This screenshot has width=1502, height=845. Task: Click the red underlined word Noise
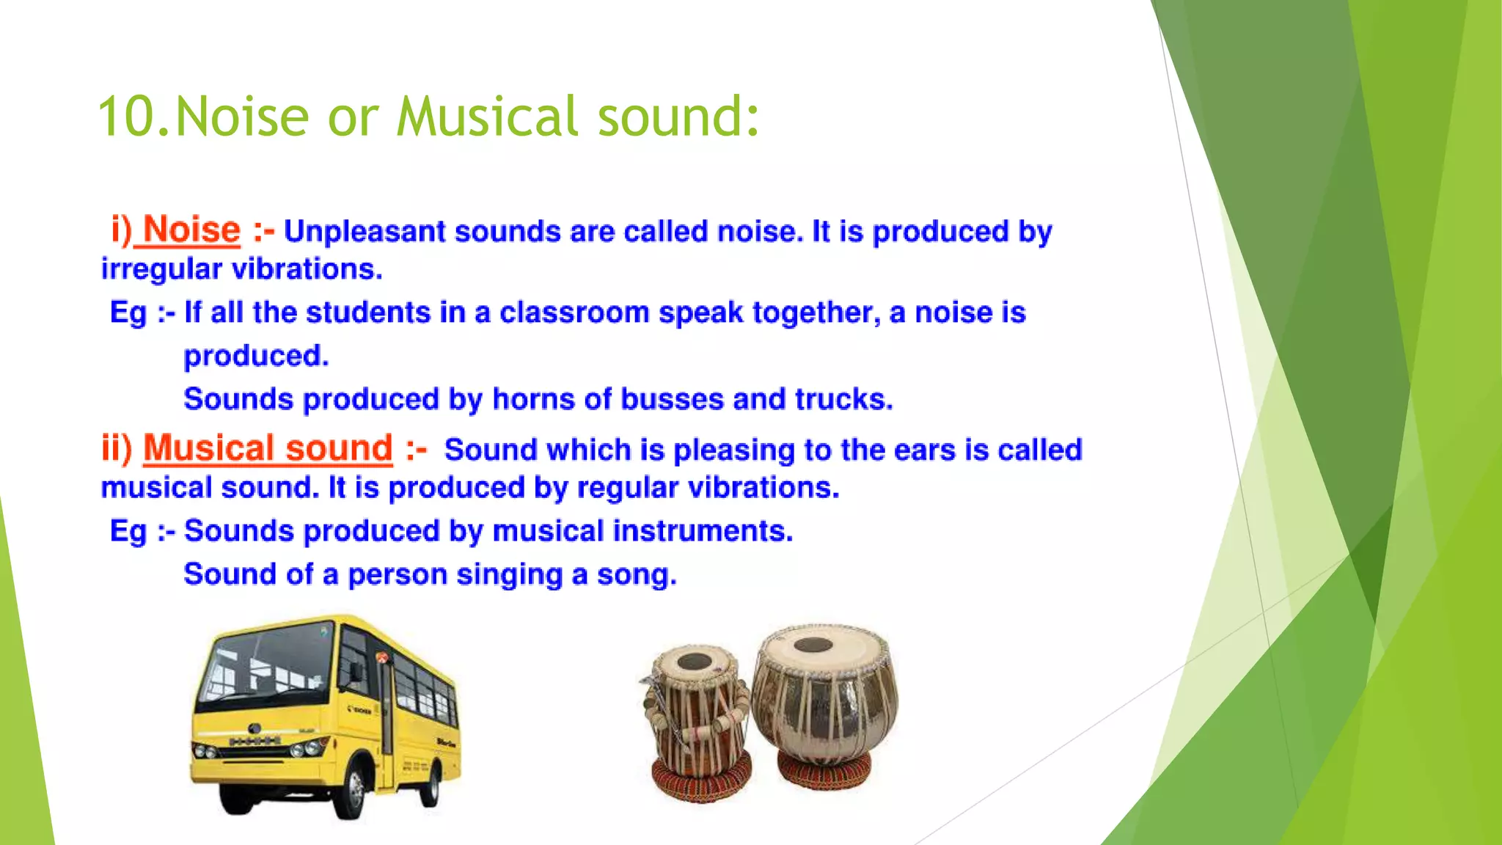(191, 230)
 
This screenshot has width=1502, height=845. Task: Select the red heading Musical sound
(268, 448)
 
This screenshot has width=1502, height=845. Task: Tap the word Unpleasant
(364, 232)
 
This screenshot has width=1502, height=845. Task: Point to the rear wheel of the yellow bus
(433, 783)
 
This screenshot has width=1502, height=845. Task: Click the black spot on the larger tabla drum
(813, 645)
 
